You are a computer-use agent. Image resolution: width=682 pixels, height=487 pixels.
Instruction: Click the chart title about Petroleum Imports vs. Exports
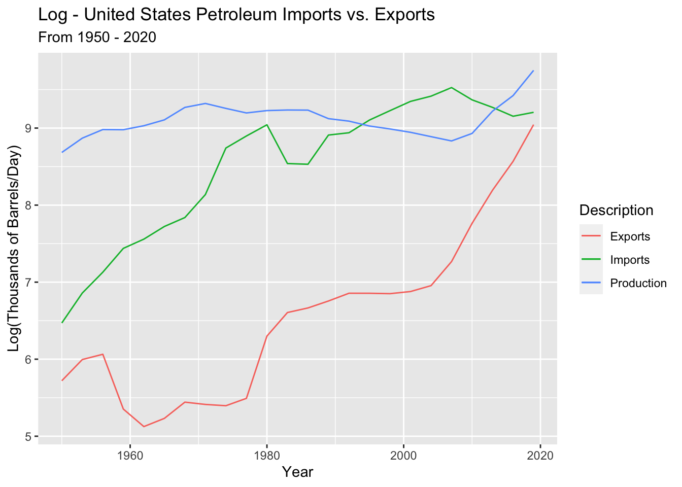coord(236,15)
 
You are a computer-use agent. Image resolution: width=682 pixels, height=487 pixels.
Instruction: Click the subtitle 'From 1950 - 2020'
coord(97,37)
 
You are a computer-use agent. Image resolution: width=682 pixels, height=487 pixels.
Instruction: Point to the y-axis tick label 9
coord(28,128)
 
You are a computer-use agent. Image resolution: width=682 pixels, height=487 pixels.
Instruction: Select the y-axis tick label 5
coord(28,437)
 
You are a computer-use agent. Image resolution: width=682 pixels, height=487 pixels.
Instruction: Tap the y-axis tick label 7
coord(28,283)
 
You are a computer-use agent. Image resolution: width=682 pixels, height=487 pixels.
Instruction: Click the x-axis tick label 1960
coord(130,455)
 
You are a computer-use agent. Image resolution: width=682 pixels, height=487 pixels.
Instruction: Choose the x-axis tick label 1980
coord(267,455)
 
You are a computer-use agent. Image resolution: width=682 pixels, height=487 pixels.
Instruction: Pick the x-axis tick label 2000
coord(403,455)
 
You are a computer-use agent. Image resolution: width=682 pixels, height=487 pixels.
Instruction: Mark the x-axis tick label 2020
coord(540,455)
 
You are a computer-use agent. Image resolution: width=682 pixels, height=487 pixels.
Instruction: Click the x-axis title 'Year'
coord(298,472)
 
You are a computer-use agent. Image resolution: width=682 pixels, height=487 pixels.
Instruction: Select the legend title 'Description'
coord(616,210)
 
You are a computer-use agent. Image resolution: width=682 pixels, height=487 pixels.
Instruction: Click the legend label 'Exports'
coord(630,236)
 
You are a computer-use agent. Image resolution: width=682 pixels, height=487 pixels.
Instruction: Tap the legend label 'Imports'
coord(630,260)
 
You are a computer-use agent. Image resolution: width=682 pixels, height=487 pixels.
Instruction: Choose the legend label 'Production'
coord(638,283)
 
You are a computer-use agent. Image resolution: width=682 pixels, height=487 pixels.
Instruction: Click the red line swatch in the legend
coord(591,236)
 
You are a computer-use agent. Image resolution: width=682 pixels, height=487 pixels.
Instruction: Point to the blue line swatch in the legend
coord(591,283)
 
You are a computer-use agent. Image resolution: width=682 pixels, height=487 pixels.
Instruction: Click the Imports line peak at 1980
coord(267,125)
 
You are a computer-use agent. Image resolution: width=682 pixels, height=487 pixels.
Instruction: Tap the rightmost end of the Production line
coord(533,71)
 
